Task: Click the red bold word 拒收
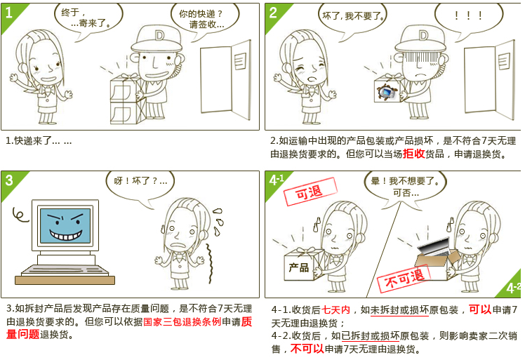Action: coord(413,154)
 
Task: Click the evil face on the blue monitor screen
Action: coord(65,225)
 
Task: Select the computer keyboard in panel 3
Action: coord(65,270)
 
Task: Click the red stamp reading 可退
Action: coord(310,191)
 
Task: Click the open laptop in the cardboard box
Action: coord(434,247)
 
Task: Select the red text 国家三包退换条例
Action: coord(182,322)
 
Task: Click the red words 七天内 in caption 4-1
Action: coord(335,309)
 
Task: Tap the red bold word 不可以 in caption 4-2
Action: coord(307,349)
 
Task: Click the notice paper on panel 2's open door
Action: coord(504,61)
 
